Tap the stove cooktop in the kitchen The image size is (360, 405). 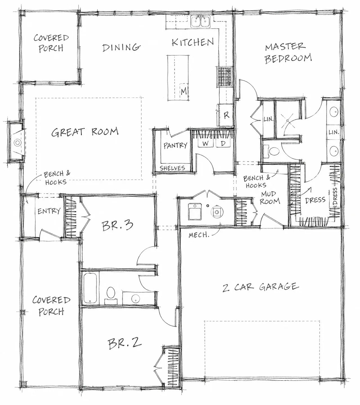[225, 76]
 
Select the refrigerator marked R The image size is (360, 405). [226, 115]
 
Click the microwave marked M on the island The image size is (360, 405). [184, 91]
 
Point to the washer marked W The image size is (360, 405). [206, 143]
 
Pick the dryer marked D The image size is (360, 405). [223, 143]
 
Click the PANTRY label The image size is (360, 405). [175, 145]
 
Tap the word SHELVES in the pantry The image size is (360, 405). [172, 168]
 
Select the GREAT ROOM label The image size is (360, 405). [85, 132]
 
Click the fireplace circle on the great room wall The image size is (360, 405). [18, 143]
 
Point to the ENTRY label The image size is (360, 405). [49, 211]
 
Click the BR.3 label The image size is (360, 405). [118, 226]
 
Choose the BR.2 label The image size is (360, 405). [125, 344]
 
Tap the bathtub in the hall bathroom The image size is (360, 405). [90, 288]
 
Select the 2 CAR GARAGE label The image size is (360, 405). [261, 287]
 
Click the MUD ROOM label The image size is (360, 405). [270, 197]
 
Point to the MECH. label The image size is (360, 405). [199, 235]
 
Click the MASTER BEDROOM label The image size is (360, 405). [288, 53]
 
